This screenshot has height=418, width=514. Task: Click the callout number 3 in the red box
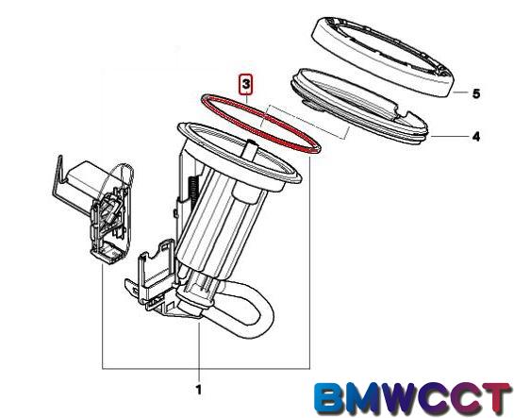246,85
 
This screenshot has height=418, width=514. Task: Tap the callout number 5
476,94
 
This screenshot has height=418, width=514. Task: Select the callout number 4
476,137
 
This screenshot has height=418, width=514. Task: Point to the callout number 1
199,390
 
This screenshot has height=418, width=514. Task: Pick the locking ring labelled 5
382,57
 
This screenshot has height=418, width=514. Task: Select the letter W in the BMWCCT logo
407,399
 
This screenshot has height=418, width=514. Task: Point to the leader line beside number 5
461,92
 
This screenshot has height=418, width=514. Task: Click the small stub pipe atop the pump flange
251,149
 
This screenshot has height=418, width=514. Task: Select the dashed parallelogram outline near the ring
304,122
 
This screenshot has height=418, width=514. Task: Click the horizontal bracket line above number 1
206,369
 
